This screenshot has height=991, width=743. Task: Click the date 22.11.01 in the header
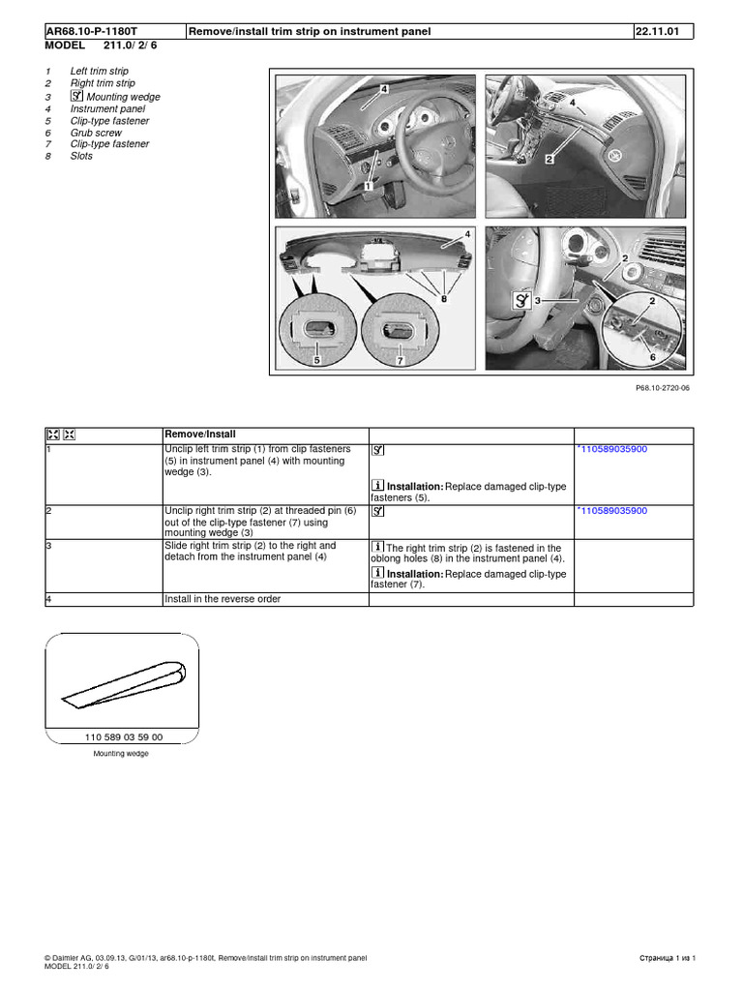pos(658,32)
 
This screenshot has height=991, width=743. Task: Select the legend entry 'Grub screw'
pos(96,133)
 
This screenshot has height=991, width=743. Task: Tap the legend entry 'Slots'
pos(81,156)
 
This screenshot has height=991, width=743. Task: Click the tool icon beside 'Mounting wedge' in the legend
pos(76,97)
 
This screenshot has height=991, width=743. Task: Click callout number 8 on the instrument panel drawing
pos(444,300)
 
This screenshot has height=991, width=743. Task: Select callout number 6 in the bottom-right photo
pos(653,357)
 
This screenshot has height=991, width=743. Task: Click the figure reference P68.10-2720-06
pos(664,387)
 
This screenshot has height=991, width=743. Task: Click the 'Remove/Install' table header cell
pos(200,435)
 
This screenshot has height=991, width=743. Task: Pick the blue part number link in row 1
pos(612,450)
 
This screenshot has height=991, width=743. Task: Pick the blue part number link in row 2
pos(612,510)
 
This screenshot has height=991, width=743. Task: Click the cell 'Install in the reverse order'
pos(223,599)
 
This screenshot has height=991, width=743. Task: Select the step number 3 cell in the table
pos(49,546)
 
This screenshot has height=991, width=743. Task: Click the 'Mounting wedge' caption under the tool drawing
pos(121,753)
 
